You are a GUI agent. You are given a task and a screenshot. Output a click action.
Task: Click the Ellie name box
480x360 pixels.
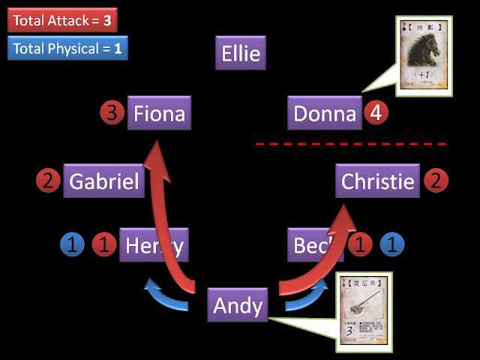[241, 54]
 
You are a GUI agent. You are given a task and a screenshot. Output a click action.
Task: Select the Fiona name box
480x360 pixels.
[157, 114]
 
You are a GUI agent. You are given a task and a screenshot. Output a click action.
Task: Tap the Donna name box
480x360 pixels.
[324, 114]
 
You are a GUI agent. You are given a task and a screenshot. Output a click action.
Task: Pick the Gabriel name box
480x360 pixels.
[103, 181]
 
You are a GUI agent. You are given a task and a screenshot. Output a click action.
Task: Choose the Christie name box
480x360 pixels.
[378, 181]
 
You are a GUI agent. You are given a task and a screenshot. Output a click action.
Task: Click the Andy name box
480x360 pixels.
[238, 305]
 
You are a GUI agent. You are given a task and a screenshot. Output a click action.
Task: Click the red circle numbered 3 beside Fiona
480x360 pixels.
[111, 114]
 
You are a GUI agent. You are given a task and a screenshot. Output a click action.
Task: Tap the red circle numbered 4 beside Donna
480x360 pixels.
[375, 114]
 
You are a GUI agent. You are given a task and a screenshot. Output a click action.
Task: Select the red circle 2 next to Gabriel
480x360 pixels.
[47, 181]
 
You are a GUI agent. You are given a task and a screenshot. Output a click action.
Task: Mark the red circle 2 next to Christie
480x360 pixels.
[436, 181]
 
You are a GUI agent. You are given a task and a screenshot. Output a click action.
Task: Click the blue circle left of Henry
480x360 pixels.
[71, 244]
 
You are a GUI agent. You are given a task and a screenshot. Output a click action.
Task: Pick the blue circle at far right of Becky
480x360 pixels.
[391, 244]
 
